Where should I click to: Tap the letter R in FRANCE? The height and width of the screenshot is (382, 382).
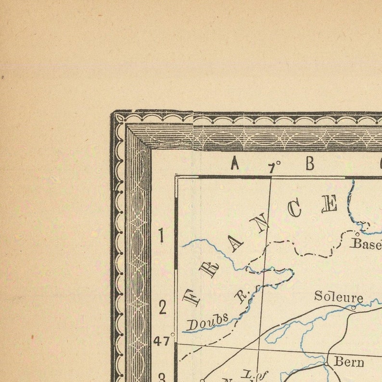(x=210, y=268)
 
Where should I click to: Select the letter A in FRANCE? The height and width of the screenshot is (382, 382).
(x=236, y=243)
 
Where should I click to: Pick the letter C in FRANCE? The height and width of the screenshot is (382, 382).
(x=294, y=208)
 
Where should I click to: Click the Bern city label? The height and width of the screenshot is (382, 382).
(x=349, y=362)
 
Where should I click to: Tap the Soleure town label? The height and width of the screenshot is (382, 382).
(x=338, y=296)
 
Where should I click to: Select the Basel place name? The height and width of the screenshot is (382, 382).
(x=367, y=243)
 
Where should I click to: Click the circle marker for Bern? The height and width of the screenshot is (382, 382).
(x=326, y=364)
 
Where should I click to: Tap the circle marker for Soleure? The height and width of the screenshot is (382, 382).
(x=353, y=307)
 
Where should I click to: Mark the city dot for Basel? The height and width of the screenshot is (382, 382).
(x=357, y=235)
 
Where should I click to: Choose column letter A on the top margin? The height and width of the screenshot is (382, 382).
(x=234, y=164)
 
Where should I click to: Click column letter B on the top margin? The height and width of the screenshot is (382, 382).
(x=309, y=164)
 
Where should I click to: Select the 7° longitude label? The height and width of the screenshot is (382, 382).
(x=274, y=166)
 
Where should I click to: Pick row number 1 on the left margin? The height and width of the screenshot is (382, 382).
(x=161, y=236)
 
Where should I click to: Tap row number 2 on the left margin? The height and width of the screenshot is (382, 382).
(x=162, y=307)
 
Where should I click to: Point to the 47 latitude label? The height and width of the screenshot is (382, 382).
(x=162, y=341)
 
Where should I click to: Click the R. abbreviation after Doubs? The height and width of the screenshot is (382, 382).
(x=240, y=295)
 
